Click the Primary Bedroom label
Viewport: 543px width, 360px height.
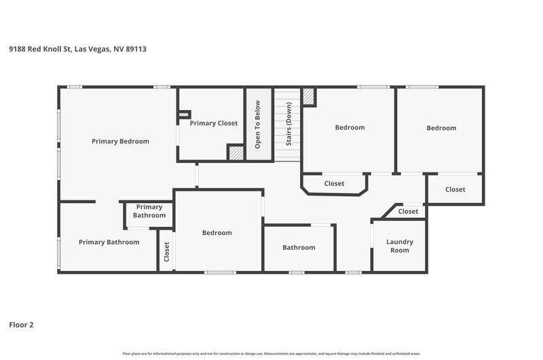point(120,141)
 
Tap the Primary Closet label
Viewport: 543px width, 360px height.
point(214,124)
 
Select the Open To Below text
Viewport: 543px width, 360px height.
point(257,124)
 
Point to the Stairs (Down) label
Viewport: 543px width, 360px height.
point(289,124)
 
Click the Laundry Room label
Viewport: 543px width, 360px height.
point(400,246)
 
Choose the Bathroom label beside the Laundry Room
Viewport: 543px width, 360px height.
point(299,247)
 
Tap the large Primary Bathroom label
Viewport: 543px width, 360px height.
point(109,242)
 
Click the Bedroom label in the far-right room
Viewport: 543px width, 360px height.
point(441,128)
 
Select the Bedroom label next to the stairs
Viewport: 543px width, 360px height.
point(350,128)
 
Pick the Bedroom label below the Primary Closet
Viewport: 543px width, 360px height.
point(217,233)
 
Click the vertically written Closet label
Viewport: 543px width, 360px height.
point(166,252)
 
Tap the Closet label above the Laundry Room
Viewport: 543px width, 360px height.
point(408,211)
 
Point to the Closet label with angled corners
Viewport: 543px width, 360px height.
point(334,183)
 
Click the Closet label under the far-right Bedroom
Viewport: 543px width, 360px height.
point(455,190)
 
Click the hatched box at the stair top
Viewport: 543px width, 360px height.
point(308,96)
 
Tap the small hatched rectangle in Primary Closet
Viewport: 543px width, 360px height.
point(184,114)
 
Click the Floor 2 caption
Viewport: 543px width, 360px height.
point(21,325)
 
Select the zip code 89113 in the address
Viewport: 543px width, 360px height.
point(136,49)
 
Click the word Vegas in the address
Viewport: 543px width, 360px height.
point(99,49)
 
